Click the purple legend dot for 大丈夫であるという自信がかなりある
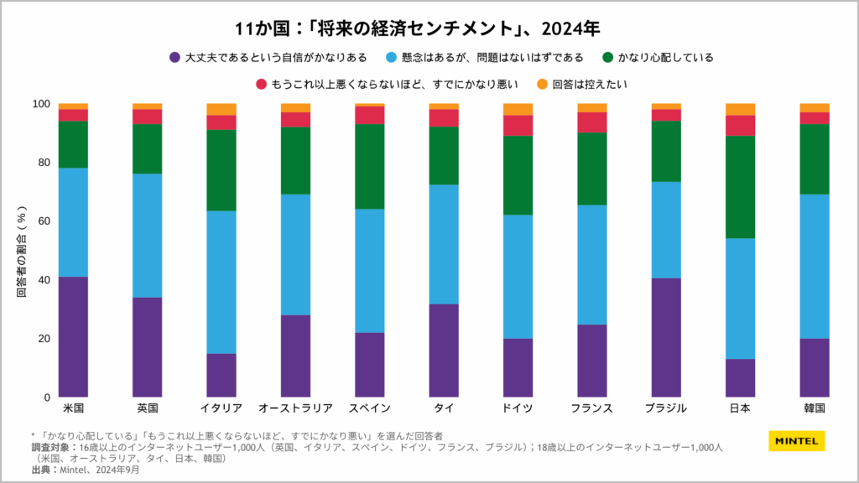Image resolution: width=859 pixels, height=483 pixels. pyautogui.click(x=174, y=58)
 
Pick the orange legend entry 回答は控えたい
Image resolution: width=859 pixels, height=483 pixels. pyautogui.click(x=590, y=85)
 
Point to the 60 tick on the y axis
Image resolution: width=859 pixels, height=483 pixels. pyautogui.click(x=44, y=221)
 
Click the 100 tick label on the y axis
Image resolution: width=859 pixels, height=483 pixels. pyautogui.click(x=41, y=104)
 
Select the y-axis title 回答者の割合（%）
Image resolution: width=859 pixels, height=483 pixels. pyautogui.click(x=22, y=251)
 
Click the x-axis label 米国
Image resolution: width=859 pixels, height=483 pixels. pyautogui.click(x=74, y=408)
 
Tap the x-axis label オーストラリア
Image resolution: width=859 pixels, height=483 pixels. pyautogui.click(x=295, y=408)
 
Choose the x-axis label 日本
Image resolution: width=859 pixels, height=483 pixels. pyautogui.click(x=740, y=408)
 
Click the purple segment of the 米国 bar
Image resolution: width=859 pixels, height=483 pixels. pyautogui.click(x=74, y=336)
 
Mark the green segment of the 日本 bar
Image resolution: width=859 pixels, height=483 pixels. pyautogui.click(x=740, y=187)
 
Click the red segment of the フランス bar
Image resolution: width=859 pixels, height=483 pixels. pyautogui.click(x=592, y=122)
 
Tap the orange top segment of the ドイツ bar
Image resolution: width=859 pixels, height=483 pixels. pyautogui.click(x=518, y=109)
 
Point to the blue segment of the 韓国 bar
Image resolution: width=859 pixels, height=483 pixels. pyautogui.click(x=814, y=267)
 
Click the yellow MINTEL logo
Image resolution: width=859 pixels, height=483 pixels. pyautogui.click(x=796, y=441)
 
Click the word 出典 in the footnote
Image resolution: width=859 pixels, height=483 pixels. pyautogui.click(x=39, y=470)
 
